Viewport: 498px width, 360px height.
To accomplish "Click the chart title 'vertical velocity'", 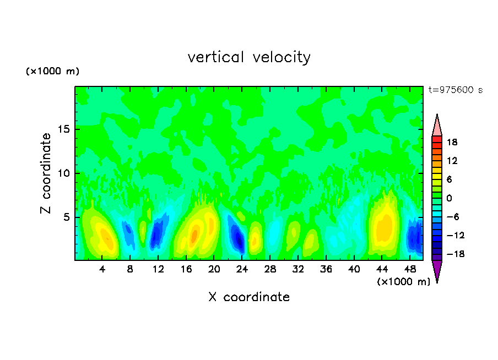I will [x=249, y=57].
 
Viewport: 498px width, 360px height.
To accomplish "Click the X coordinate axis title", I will [x=249, y=297].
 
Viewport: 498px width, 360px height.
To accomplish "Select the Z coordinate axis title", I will [x=46, y=173].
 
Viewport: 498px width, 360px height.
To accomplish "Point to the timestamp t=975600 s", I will [x=456, y=90].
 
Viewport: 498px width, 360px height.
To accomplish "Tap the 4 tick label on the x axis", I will [x=102, y=269].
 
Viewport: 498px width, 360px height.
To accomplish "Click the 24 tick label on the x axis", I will [x=242, y=269].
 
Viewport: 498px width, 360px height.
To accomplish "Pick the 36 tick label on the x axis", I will [x=326, y=269].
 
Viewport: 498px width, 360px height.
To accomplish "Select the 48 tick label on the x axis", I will [x=410, y=269].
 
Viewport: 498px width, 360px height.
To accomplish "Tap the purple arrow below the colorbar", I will [x=437, y=270].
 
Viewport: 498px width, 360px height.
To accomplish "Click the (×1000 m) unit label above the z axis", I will [x=53, y=72].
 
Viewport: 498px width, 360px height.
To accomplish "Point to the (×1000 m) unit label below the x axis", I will [x=403, y=282].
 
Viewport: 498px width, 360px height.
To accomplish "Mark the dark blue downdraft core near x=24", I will [x=238, y=238].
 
